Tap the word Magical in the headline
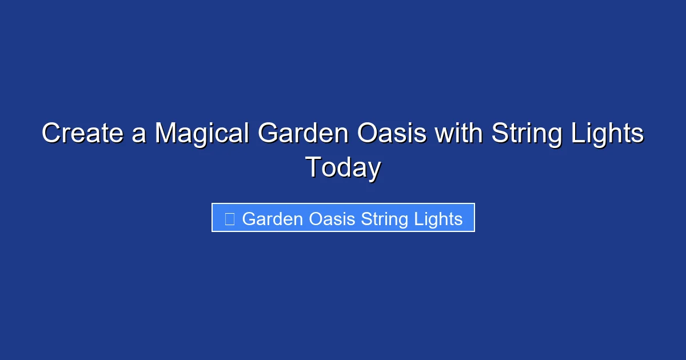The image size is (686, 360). [x=202, y=134]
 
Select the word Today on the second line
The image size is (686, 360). [x=343, y=168]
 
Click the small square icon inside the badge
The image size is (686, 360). [x=229, y=219]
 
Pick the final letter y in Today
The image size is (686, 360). [x=374, y=170]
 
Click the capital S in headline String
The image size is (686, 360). [x=500, y=134]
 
